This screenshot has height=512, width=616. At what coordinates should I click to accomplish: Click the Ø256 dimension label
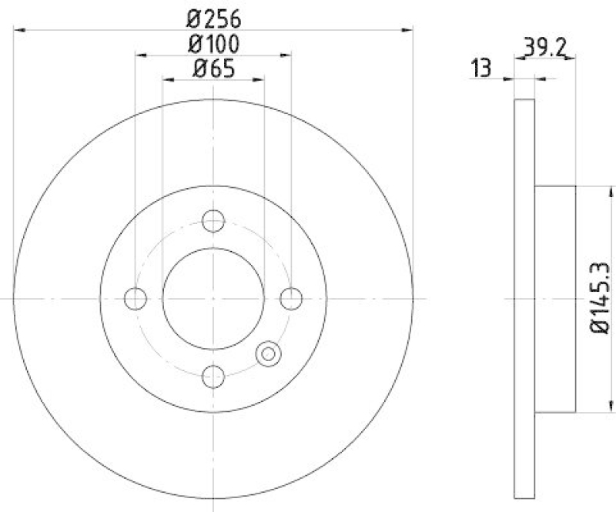tap(213, 16)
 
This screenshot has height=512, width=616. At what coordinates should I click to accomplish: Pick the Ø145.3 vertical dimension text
tap(601, 299)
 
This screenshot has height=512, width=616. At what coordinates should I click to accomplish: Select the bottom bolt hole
tap(213, 376)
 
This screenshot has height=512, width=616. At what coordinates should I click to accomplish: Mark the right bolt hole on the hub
tap(290, 298)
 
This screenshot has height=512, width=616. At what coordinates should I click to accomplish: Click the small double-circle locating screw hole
tap(268, 353)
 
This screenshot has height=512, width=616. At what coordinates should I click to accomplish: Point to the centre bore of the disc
tap(213, 299)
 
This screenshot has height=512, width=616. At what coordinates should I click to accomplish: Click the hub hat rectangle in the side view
tap(555, 299)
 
